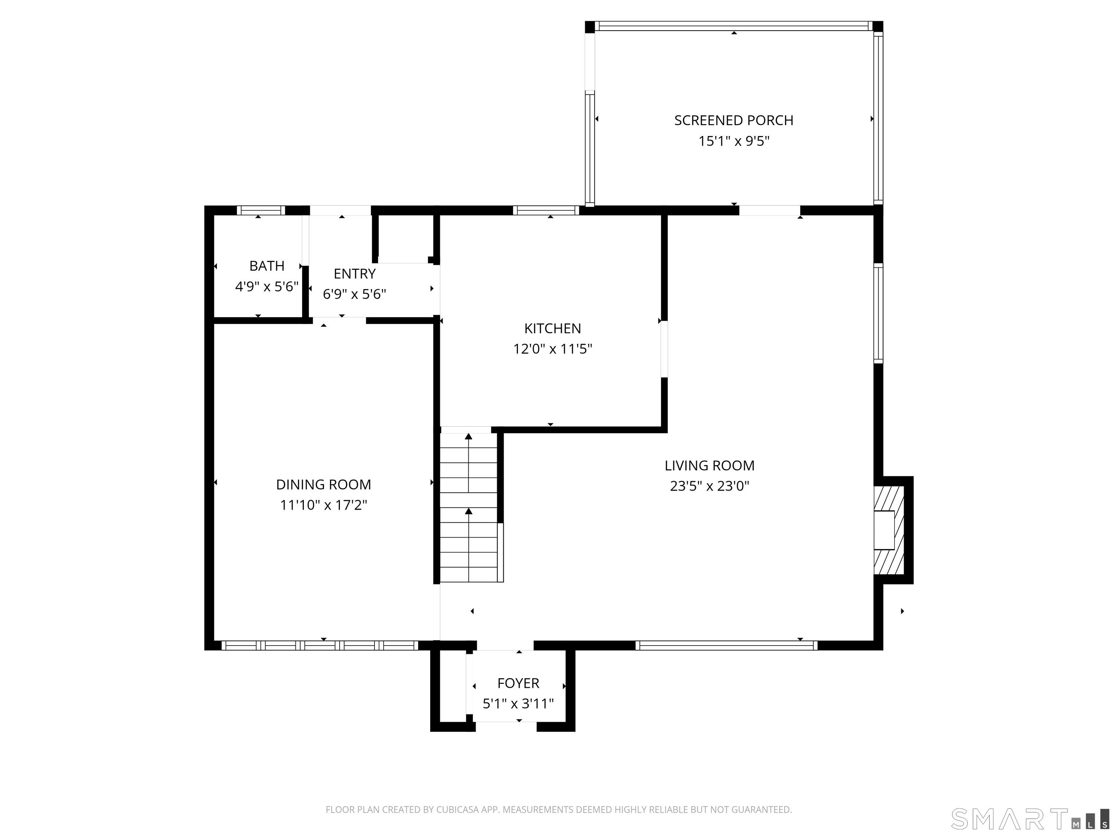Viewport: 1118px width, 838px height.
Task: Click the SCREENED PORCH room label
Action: point(733,120)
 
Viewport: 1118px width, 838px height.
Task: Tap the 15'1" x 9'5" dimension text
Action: point(733,141)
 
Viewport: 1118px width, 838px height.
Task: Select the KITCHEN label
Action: point(552,328)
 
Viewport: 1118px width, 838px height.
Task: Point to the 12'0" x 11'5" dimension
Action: point(552,349)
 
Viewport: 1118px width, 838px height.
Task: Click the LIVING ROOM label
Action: point(709,465)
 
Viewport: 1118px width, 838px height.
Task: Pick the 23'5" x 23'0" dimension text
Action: point(709,486)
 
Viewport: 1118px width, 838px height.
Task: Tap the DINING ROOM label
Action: point(324,484)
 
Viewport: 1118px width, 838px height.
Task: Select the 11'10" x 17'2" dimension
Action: point(324,505)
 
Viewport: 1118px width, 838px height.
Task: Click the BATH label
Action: point(267,266)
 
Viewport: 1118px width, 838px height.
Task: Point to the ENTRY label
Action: point(354,274)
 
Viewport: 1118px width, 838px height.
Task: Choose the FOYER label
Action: point(518,683)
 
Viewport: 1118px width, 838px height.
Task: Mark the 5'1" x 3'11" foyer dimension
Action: point(518,704)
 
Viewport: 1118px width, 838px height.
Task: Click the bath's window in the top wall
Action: point(261,211)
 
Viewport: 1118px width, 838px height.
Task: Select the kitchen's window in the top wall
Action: point(546,211)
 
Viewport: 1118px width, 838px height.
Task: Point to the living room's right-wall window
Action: point(879,313)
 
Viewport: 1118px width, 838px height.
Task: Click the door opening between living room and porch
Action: point(770,211)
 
